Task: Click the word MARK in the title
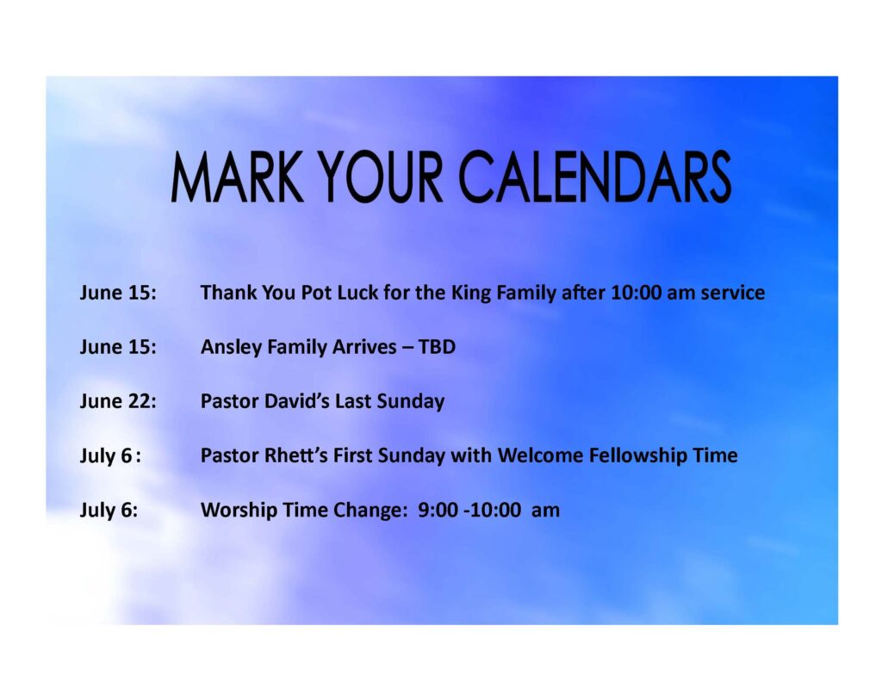[237, 177]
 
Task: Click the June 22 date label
[118, 401]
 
